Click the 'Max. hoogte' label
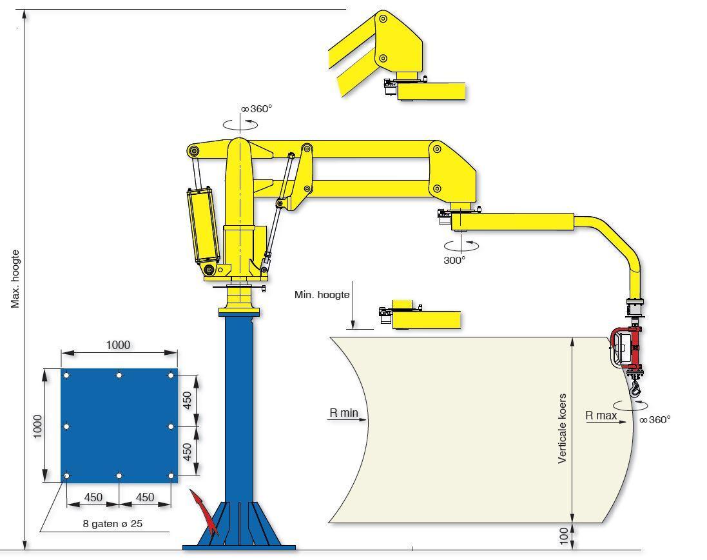(x=15, y=279)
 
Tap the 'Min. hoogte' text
(x=322, y=295)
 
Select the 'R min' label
(x=344, y=412)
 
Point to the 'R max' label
(x=601, y=415)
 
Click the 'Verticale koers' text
(x=562, y=428)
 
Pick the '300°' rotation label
(x=454, y=260)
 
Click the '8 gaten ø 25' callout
(x=113, y=523)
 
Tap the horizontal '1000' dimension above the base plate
(x=118, y=345)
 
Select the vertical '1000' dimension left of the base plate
(x=37, y=426)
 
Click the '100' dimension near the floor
(x=564, y=537)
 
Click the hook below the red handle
(x=635, y=389)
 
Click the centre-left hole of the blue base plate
(x=67, y=426)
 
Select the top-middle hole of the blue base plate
(x=119, y=375)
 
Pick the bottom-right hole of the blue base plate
(x=171, y=475)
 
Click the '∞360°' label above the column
(x=257, y=109)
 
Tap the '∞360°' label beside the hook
(x=655, y=419)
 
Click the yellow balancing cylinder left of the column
(x=204, y=226)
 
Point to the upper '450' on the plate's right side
(x=187, y=400)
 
